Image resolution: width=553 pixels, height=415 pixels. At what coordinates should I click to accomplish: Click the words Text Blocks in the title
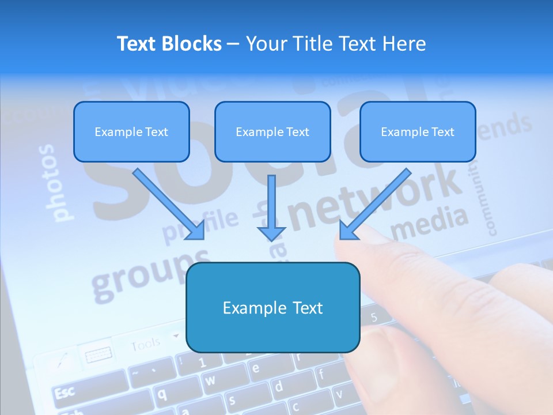pos(169,44)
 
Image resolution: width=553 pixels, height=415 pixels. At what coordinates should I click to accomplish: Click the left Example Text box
pos(131,131)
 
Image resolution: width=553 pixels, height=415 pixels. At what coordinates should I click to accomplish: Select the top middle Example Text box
pos(272,131)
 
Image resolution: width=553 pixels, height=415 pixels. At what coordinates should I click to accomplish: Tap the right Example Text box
pos(418,131)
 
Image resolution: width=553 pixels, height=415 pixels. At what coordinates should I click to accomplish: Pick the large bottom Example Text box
pos(272,307)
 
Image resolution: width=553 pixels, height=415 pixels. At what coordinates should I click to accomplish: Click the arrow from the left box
pos(168,204)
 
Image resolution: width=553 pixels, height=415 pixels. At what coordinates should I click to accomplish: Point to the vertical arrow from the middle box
pos(271,207)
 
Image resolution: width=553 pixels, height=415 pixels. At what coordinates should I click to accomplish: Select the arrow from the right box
pos(374,204)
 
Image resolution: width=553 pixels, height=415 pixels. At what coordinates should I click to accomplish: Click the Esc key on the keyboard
pos(65,392)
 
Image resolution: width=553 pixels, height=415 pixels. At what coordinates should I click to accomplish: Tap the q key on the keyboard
pos(163,393)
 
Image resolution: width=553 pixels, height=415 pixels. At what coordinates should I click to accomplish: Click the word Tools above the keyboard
pos(145,345)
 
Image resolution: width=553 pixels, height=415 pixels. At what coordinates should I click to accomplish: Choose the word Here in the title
pos(405,44)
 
